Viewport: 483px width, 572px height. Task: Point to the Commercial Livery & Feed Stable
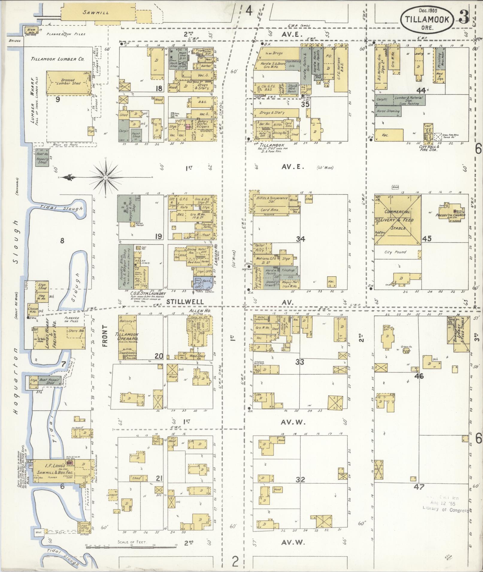click(x=398, y=220)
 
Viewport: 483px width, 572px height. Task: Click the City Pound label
click(x=395, y=252)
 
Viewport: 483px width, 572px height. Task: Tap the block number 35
click(x=305, y=104)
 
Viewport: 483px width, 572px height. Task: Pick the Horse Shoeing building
click(x=388, y=111)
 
